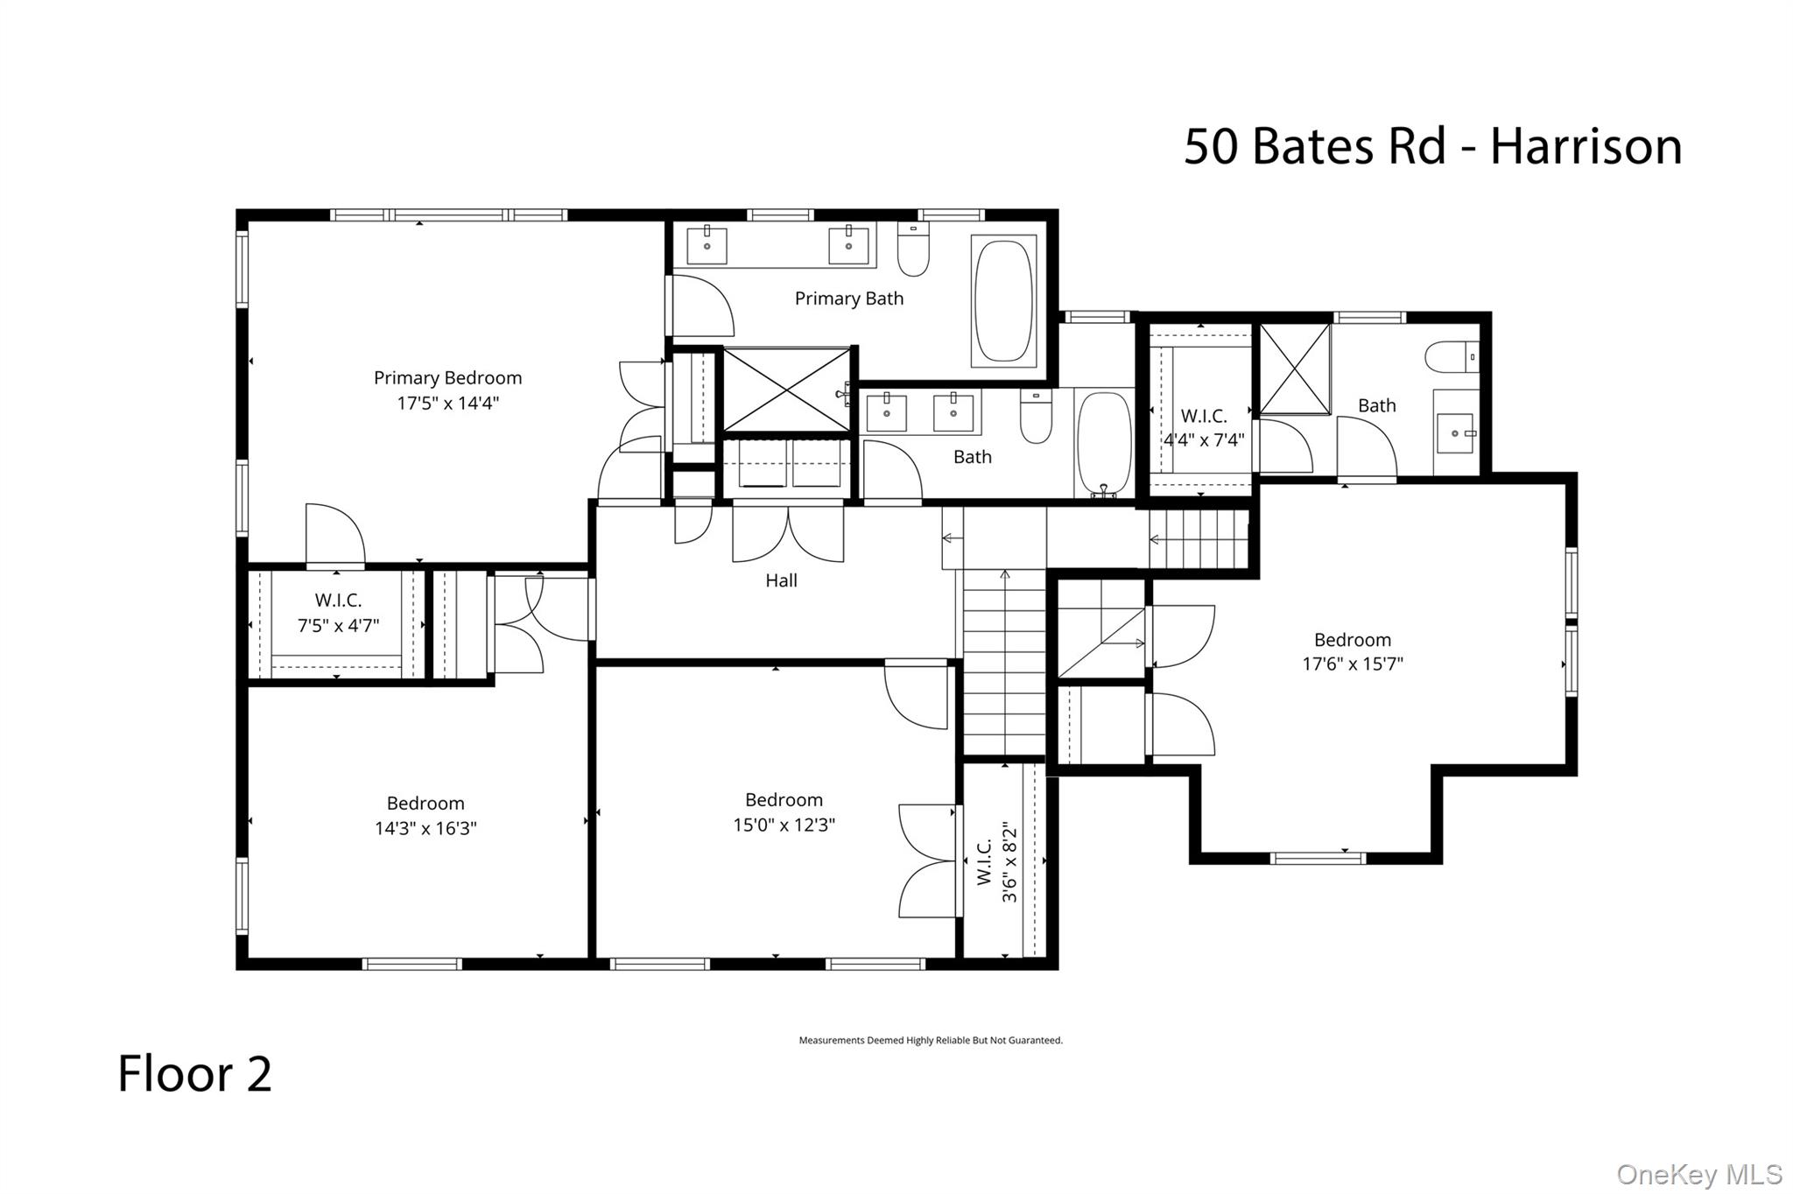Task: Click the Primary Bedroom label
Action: pos(447,378)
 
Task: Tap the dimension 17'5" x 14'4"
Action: pos(447,404)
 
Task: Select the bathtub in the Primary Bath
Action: pos(1003,301)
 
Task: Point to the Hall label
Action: pos(781,580)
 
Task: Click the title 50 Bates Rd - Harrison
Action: pos(1432,146)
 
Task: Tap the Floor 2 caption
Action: pos(194,1074)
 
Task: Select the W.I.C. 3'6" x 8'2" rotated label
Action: pos(997,862)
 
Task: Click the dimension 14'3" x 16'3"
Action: pos(425,829)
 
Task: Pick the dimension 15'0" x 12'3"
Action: pos(784,825)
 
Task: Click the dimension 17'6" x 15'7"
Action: pos(1352,664)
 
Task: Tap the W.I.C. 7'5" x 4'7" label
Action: pos(338,613)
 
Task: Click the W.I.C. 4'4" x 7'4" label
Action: pos(1204,428)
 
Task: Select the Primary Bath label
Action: pos(848,298)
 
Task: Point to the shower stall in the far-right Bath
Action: pos(1294,369)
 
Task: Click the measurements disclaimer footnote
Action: pos(930,1041)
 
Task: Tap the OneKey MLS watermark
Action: pos(1698,1174)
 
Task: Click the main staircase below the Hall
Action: pos(1004,661)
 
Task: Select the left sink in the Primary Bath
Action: pos(707,245)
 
